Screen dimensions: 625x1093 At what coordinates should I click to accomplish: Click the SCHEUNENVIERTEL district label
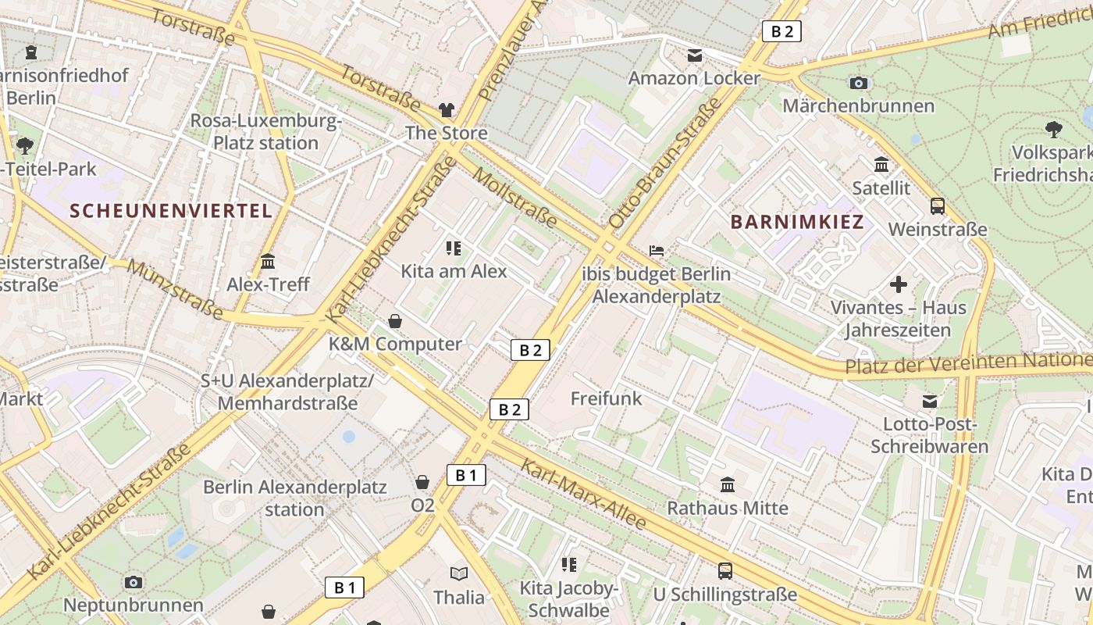(x=171, y=210)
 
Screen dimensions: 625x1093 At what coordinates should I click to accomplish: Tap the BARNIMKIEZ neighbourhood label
(x=797, y=222)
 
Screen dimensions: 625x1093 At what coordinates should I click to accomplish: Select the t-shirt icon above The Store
(x=447, y=110)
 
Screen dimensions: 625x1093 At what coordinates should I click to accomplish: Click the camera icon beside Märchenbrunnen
(x=859, y=83)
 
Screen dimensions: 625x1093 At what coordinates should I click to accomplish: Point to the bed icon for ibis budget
(x=657, y=251)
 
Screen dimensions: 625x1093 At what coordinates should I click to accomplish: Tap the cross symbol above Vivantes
(x=899, y=284)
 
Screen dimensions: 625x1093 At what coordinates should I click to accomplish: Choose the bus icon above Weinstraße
(x=938, y=206)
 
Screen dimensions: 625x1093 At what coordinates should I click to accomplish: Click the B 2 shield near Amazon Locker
(x=781, y=31)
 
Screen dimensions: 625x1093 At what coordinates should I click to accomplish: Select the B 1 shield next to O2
(x=466, y=474)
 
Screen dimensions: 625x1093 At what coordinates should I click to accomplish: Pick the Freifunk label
(x=606, y=398)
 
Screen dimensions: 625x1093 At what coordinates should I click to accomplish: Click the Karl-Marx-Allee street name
(x=583, y=494)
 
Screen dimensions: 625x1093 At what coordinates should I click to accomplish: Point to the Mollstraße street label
(x=515, y=199)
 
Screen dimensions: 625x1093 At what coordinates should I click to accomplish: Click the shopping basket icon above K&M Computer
(x=395, y=321)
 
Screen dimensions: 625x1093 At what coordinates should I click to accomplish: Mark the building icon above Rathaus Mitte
(x=728, y=485)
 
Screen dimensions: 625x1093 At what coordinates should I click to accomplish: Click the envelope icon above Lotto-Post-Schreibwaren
(x=930, y=402)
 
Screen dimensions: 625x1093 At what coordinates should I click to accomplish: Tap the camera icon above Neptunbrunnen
(x=134, y=582)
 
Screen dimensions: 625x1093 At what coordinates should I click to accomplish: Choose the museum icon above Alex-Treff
(x=268, y=261)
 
